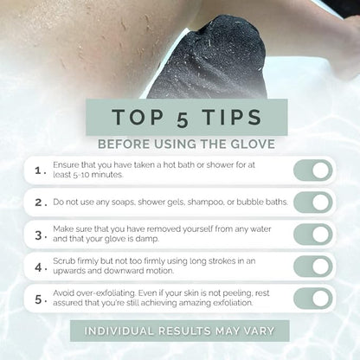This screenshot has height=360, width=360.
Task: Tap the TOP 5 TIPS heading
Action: pyautogui.click(x=179, y=116)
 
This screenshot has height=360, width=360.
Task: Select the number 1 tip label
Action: pyautogui.click(x=40, y=170)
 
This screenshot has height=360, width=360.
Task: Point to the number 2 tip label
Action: pyautogui.click(x=40, y=202)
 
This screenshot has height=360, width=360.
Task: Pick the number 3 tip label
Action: pyautogui.click(x=40, y=235)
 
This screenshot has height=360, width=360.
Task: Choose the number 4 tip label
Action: pyautogui.click(x=40, y=267)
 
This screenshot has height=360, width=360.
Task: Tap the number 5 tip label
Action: pyautogui.click(x=40, y=299)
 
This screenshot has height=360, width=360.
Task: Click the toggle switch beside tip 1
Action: pyautogui.click(x=312, y=170)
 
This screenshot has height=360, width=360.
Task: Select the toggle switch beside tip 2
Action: pyautogui.click(x=312, y=202)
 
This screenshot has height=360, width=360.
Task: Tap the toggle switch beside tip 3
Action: pyautogui.click(x=312, y=235)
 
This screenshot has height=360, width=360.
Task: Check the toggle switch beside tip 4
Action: pyautogui.click(x=312, y=267)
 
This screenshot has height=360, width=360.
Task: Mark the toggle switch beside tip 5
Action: pyautogui.click(x=312, y=299)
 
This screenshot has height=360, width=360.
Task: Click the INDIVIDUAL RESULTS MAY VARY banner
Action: pyautogui.click(x=179, y=331)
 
